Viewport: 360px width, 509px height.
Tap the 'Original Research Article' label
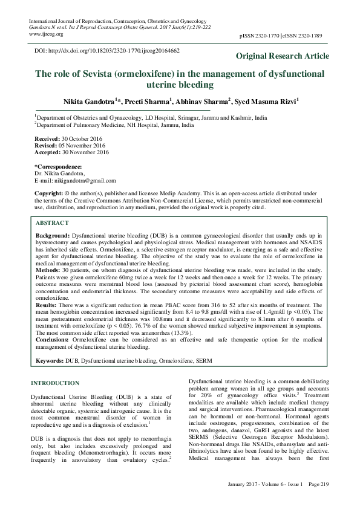(x=283, y=56)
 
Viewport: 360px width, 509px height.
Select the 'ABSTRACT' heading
(x=52, y=222)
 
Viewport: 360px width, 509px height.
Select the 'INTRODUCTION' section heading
(x=54, y=383)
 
